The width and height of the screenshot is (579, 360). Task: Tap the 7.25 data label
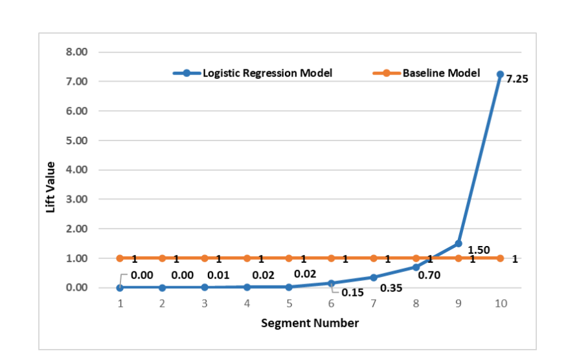517,80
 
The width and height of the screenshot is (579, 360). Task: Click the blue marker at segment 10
501,74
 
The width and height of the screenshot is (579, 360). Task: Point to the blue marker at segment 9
459,243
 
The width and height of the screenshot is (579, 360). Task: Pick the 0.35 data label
391,287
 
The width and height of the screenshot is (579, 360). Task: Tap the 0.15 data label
353,293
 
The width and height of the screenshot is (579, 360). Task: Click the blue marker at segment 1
120,287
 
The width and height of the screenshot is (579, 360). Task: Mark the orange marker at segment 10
501,258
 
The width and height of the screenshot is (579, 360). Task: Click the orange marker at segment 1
120,258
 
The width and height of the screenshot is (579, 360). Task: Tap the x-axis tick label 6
332,304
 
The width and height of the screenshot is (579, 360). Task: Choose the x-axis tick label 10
501,304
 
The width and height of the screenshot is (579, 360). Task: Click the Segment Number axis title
310,322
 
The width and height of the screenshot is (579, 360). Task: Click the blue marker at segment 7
374,277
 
